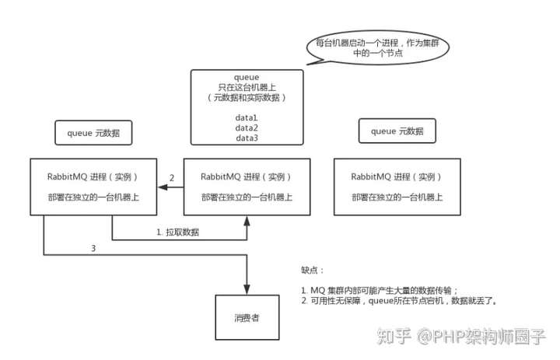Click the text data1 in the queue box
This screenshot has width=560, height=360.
[x=246, y=117]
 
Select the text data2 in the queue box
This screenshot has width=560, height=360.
[x=246, y=127]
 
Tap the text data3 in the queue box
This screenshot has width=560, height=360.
[x=246, y=138]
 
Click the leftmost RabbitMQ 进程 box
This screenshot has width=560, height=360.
[x=93, y=187]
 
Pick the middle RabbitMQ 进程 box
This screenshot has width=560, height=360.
[x=247, y=187]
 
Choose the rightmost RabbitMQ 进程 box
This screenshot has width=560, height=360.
[x=398, y=187]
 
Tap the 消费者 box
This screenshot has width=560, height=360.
[x=247, y=319]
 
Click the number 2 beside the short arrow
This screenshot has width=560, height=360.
[x=172, y=178]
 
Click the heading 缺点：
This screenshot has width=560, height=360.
[x=312, y=271]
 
